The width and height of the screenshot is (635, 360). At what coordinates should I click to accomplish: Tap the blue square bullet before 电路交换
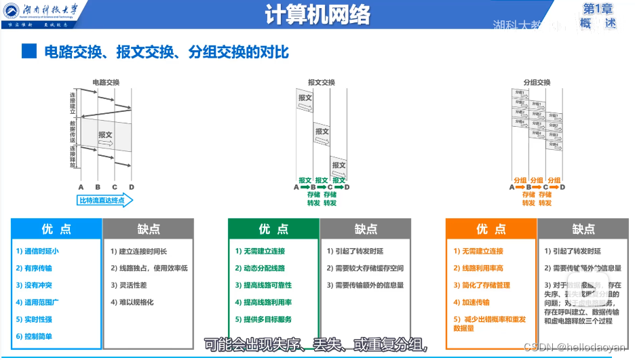(x=28, y=51)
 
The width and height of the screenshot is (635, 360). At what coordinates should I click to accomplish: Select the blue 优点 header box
(x=56, y=229)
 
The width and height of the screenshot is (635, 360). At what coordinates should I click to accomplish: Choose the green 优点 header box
(x=273, y=229)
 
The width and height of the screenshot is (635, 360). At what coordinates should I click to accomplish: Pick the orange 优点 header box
(x=491, y=229)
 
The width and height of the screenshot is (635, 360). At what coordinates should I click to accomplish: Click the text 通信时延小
(x=42, y=251)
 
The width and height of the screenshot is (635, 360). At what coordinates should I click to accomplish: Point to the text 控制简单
(x=38, y=336)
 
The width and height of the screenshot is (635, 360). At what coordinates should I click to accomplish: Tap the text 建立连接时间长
(x=143, y=251)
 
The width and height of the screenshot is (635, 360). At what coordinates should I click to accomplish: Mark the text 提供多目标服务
(x=264, y=319)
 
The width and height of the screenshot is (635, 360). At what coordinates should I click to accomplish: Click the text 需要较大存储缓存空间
(x=365, y=268)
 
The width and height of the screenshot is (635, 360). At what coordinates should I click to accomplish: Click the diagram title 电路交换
(x=106, y=83)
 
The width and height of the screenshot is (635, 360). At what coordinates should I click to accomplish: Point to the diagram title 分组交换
(x=537, y=83)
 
